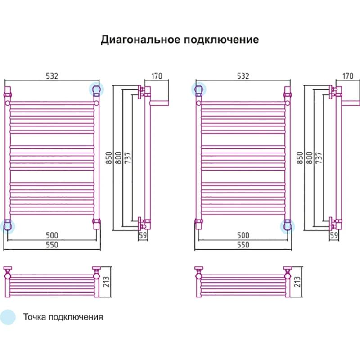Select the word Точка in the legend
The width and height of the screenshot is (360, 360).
pyautogui.click(x=35, y=317)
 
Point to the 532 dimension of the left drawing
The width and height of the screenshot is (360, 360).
pyautogui.click(x=52, y=76)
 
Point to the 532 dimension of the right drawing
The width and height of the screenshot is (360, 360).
pyautogui.click(x=243, y=76)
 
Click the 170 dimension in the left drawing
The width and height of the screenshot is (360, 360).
pyautogui.click(x=157, y=76)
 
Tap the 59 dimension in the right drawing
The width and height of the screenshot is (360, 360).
pyautogui.click(x=334, y=235)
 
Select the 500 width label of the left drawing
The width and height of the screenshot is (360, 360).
pyautogui.click(x=52, y=235)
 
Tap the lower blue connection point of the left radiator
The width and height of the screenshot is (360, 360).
pyautogui.click(x=7, y=225)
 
